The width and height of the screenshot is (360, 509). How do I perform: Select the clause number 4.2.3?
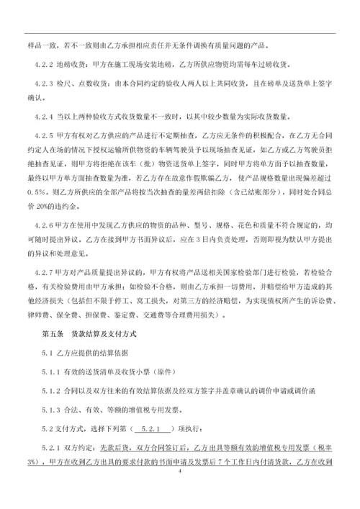[x=45, y=84]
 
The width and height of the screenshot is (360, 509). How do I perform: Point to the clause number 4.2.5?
[x=45, y=134]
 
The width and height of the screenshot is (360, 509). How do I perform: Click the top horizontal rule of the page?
[x=180, y=32]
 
